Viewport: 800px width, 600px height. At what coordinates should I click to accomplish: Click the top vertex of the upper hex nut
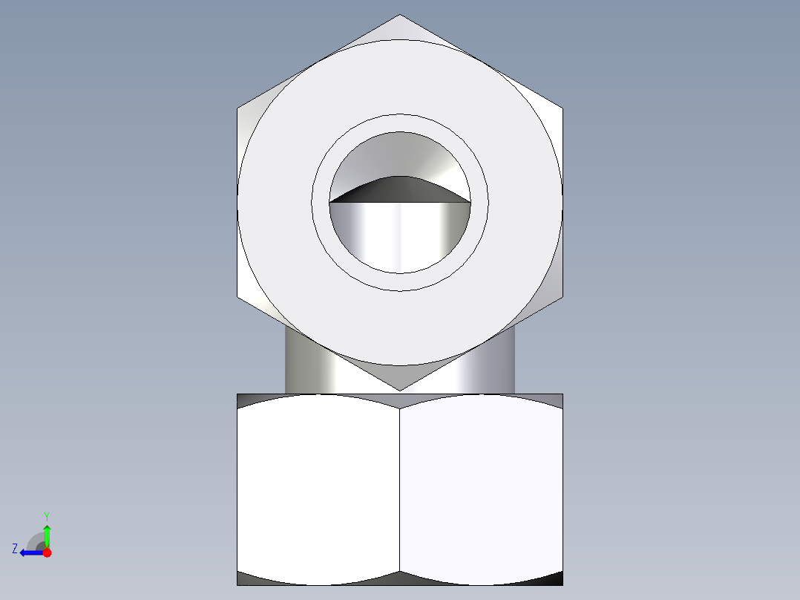coord(400,15)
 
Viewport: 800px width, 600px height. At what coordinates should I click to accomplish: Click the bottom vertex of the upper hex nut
coord(400,390)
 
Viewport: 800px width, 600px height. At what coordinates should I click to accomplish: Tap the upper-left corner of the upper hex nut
coord(238,108)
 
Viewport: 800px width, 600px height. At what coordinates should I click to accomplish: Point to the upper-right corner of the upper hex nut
coord(562,108)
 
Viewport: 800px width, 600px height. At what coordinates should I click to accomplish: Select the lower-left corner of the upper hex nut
coord(238,297)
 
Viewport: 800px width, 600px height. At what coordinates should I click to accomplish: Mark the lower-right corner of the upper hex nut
coord(562,297)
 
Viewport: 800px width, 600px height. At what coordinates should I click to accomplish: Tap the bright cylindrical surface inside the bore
coord(400,234)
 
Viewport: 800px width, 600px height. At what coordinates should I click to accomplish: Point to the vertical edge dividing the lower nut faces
coord(400,490)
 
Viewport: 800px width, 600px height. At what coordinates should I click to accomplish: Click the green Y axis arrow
coord(47,532)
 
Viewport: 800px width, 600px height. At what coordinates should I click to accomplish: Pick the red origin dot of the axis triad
coord(47,552)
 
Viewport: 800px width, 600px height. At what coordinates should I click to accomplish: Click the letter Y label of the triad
coord(47,515)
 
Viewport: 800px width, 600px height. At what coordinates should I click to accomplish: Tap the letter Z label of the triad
coord(15,549)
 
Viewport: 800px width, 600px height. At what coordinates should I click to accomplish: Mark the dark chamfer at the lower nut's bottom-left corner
coord(249,578)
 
